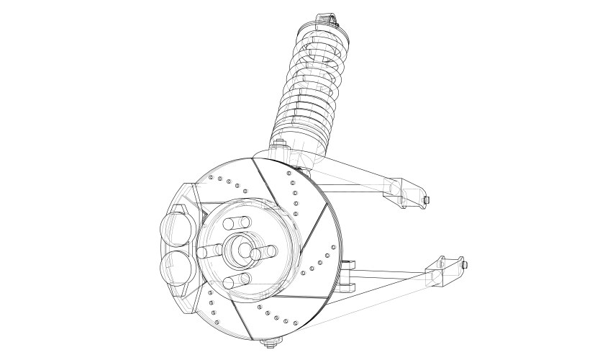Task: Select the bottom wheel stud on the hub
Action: click(x=237, y=282)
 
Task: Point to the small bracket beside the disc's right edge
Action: click(x=347, y=275)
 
